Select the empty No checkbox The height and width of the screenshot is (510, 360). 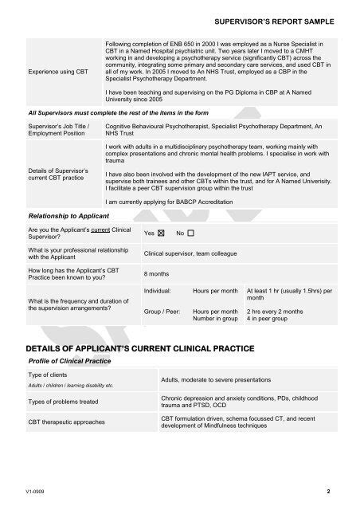(190, 233)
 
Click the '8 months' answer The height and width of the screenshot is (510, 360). (156, 273)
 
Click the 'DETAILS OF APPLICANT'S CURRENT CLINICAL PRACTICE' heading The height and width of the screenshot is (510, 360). (142, 348)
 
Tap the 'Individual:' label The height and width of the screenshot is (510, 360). (157, 292)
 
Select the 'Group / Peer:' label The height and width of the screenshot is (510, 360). (161, 312)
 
